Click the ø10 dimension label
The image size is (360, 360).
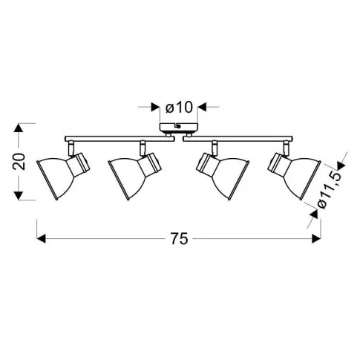pyautogui.click(x=179, y=108)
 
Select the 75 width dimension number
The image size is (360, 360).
pyautogui.click(x=180, y=239)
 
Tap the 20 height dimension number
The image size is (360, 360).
pyautogui.click(x=19, y=161)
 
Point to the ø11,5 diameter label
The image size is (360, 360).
pyautogui.click(x=330, y=191)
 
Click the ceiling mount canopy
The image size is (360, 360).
pyautogui.click(x=179, y=127)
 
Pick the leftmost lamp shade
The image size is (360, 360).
pyautogui.click(x=56, y=177)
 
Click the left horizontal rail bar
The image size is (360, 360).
pyautogui.click(x=120, y=139)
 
